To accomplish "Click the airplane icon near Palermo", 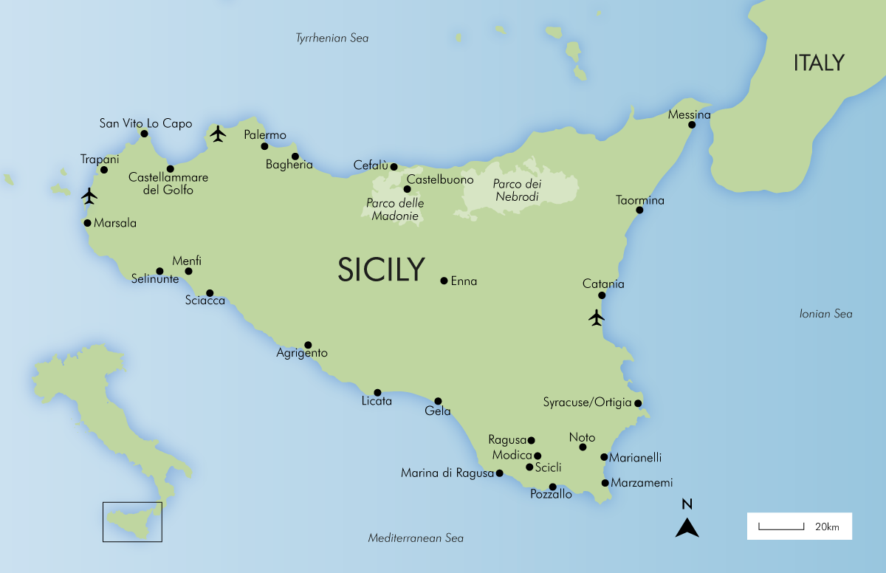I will pyautogui.click(x=217, y=134).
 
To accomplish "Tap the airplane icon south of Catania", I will pyautogui.click(x=597, y=318).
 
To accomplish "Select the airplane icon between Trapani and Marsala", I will pyautogui.click(x=89, y=196).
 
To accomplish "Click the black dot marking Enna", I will pyautogui.click(x=444, y=281).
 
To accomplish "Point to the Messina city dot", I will pyautogui.click(x=692, y=125).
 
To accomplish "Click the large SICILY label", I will pyautogui.click(x=381, y=270).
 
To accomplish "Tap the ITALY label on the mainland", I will pyautogui.click(x=818, y=64).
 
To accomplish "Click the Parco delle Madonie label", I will pyautogui.click(x=395, y=210).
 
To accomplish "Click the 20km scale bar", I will pyautogui.click(x=781, y=527).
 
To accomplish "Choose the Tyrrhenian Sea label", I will pyautogui.click(x=332, y=38).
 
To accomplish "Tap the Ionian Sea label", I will pyautogui.click(x=825, y=314).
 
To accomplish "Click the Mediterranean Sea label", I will pyautogui.click(x=416, y=538).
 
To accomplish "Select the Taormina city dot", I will pyautogui.click(x=639, y=210).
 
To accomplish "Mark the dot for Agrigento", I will pyautogui.click(x=308, y=345).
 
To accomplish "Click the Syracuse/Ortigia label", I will pyautogui.click(x=587, y=402).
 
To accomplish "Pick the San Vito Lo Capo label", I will pyautogui.click(x=145, y=123).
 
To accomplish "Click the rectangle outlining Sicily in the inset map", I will pyautogui.click(x=132, y=521).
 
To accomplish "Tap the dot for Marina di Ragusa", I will pyautogui.click(x=499, y=473).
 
